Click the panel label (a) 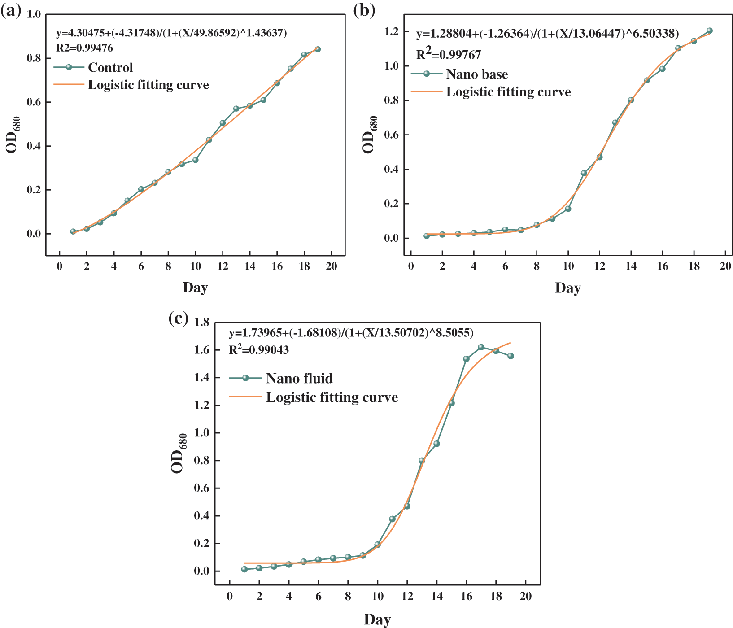pos(11,11)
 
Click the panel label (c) pos(178,318)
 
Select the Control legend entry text pos(110,68)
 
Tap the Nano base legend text pos(477,74)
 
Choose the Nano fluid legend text pos(299,379)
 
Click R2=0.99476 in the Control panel pos(84,48)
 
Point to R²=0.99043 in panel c pos(259,349)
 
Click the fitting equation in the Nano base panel pos(547,34)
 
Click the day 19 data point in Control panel pos(318,49)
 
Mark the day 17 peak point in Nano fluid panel pos(481,347)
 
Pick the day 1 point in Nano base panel pos(427,236)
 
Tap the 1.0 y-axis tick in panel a pos(34,14)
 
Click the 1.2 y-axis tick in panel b pos(391,31)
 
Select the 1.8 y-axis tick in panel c pos(202,322)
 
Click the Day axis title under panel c pos(377,619)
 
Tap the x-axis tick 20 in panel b pos(725,266)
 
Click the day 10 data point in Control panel pos(195,160)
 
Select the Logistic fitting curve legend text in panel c pos(332,397)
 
